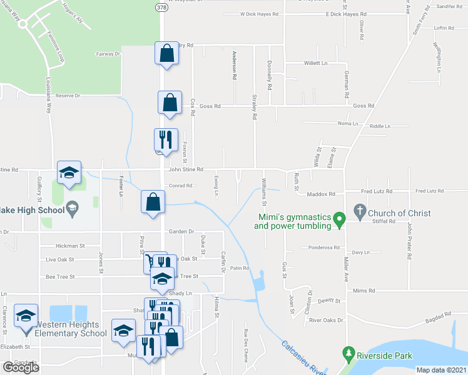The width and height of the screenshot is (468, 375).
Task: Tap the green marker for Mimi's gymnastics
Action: pyautogui.click(x=338, y=219)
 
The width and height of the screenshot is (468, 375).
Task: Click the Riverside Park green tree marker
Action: pyautogui.click(x=349, y=354)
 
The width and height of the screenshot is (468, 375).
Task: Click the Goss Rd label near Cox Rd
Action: pyautogui.click(x=210, y=106)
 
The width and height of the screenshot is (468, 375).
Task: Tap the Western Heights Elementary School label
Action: pyautogui.click(x=67, y=329)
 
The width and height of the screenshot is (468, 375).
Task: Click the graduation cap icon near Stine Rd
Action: pyautogui.click(x=69, y=172)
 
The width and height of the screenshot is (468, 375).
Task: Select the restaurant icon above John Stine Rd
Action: pyautogui.click(x=166, y=139)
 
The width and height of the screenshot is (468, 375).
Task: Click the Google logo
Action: pyautogui.click(x=21, y=367)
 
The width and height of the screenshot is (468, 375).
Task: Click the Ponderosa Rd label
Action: pyautogui.click(x=324, y=247)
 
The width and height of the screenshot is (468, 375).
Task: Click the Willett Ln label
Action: pyautogui.click(x=316, y=63)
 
